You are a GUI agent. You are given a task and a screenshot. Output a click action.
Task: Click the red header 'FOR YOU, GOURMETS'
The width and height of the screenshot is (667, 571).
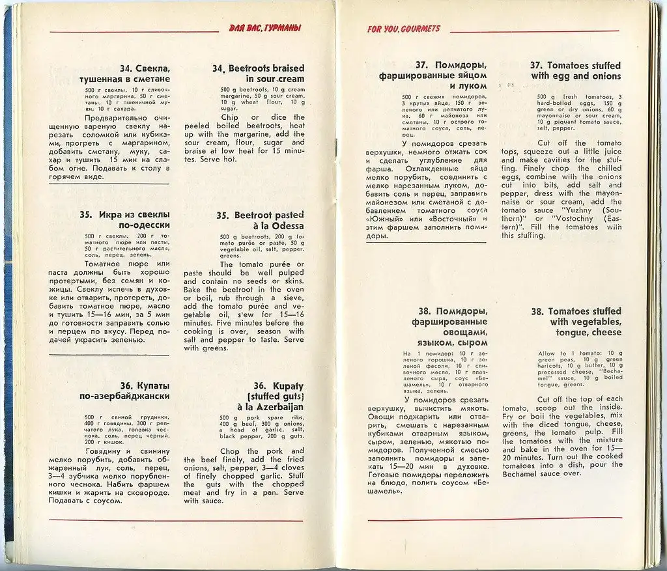click(403, 29)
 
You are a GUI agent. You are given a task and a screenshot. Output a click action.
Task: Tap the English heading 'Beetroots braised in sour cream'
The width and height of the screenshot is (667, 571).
click(259, 74)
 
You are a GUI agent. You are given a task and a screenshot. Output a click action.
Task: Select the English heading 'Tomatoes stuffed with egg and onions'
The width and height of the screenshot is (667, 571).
click(575, 70)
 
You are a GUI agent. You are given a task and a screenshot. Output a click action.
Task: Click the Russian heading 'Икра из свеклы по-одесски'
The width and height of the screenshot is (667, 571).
click(134, 220)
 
